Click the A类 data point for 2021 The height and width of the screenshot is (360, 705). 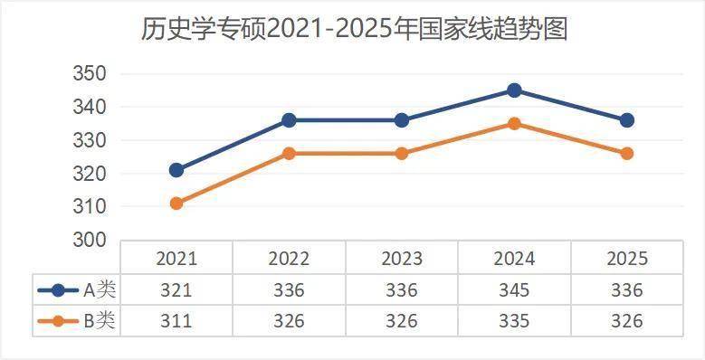coord(176,170)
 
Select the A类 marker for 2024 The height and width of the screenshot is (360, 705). coord(514,90)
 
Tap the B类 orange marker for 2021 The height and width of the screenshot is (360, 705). coord(176,204)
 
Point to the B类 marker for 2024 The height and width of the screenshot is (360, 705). coord(514,124)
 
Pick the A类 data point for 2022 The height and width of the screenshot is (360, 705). coord(289,120)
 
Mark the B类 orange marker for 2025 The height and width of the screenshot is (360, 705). coord(626,154)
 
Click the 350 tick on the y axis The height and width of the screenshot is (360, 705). coord(90,74)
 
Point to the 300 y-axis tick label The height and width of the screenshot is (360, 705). coord(90,241)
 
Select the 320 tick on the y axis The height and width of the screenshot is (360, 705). coord(90,174)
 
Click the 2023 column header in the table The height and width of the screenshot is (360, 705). coord(401,259)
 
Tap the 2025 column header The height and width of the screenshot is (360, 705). coord(626,259)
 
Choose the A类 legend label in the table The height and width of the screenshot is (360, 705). coord(100,290)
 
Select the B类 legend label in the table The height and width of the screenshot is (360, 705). coord(100,321)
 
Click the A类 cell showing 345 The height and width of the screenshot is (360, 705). coord(514,290)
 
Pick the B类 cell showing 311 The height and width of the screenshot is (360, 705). coord(176,321)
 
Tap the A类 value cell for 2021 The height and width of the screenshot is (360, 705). coord(176,290)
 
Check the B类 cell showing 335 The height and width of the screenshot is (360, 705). coord(514,321)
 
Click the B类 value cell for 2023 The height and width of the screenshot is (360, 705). coord(401,321)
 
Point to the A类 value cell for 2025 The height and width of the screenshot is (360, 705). coord(626,290)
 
